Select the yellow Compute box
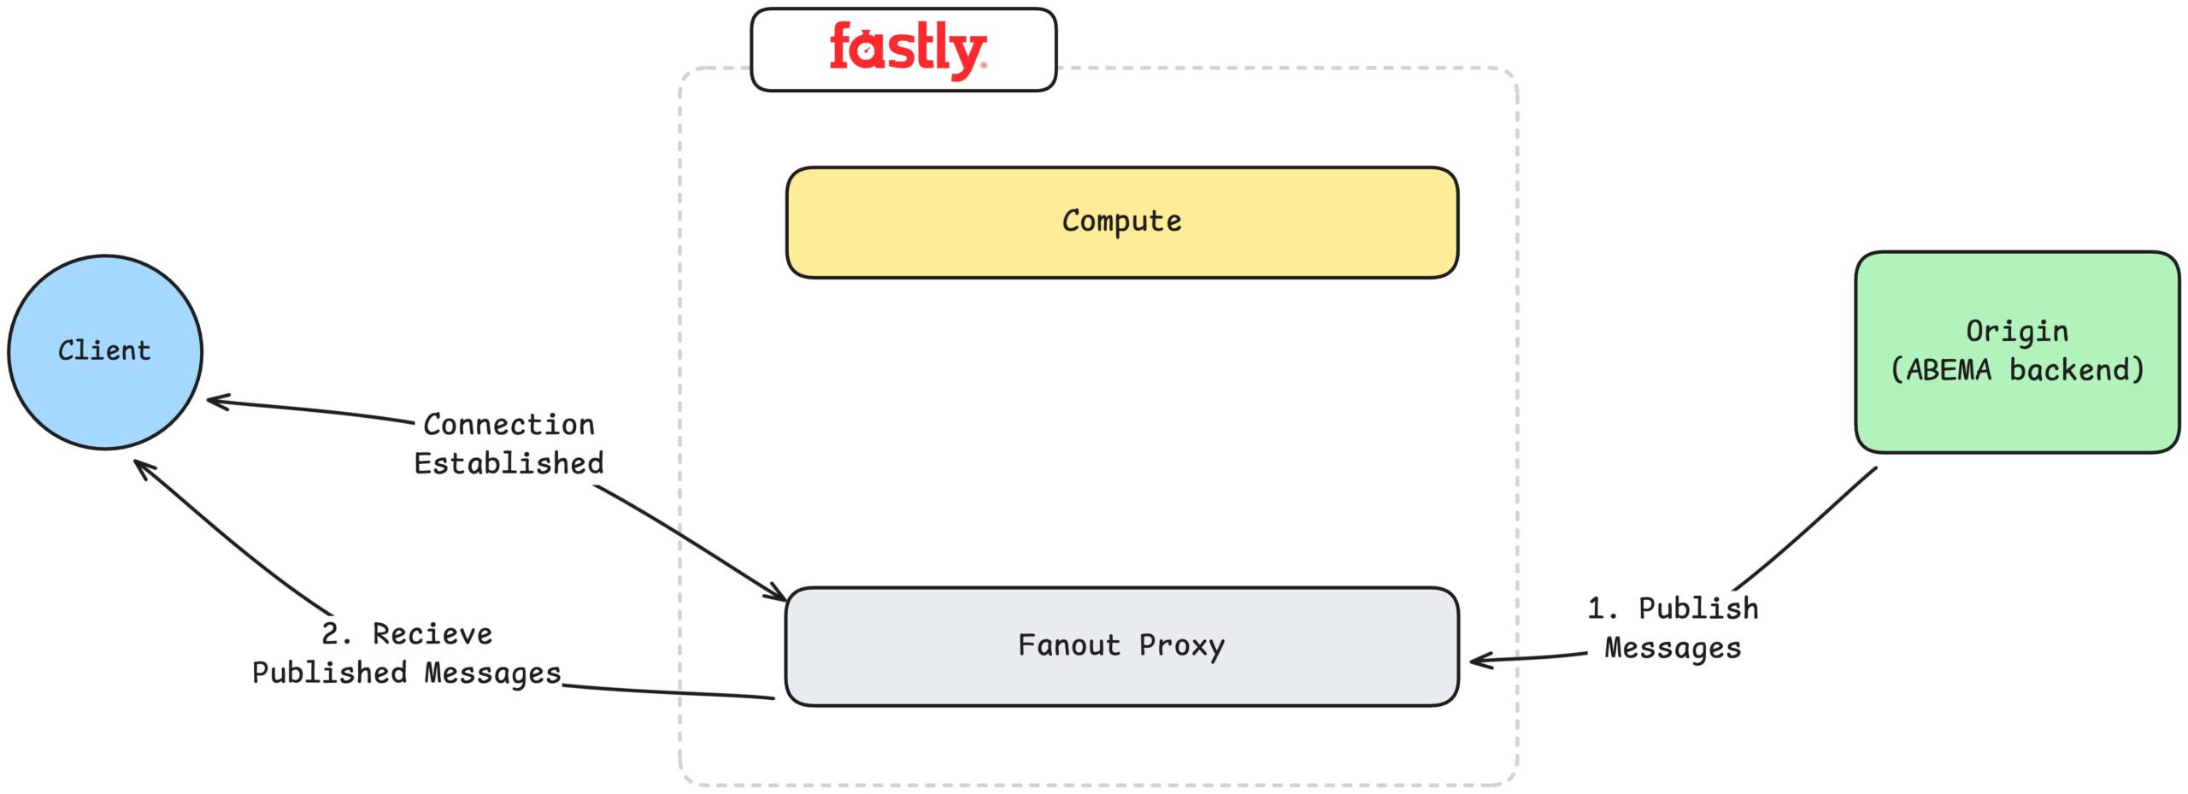(x=1120, y=222)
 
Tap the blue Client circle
(x=104, y=351)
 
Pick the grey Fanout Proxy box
(x=1120, y=646)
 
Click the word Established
(x=509, y=463)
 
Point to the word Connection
(x=509, y=425)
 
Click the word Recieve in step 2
(x=432, y=634)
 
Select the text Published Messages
(x=406, y=673)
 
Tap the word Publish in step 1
(x=1698, y=609)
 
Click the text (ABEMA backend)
(x=2016, y=370)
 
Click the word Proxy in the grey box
(x=1181, y=646)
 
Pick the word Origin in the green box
(x=2016, y=332)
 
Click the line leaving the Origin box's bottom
(x=1803, y=530)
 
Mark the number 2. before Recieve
(x=335, y=634)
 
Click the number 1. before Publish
(x=1602, y=609)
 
